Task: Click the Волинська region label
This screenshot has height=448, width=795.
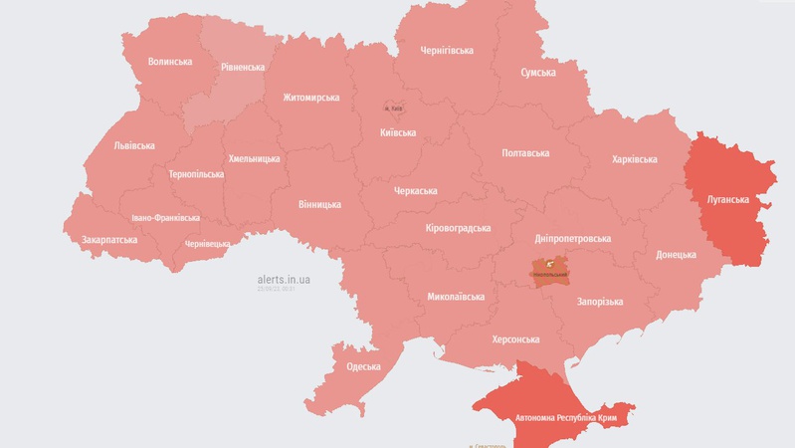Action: pos(169,62)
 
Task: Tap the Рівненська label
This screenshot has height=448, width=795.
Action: pos(243,68)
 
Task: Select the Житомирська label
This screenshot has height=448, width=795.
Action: pos(310,98)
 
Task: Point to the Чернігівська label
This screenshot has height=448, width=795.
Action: pos(447,51)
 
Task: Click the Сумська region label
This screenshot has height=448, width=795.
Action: pos(538,73)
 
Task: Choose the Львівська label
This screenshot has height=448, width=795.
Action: pos(134,145)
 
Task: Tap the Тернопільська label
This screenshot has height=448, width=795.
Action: pos(196,174)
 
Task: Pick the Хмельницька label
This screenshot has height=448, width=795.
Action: pos(254,158)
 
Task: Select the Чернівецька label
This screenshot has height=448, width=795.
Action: pos(207,244)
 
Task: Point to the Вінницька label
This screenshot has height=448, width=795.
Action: pos(319,205)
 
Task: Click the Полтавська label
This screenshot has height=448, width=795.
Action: pos(525,153)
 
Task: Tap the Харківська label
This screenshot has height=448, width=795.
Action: pos(634,159)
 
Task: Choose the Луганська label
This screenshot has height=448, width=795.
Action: pos(727,199)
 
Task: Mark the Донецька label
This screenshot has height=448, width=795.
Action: pos(676,255)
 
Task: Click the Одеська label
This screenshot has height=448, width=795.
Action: pos(363,366)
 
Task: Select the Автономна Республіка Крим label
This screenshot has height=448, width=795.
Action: pos(565,418)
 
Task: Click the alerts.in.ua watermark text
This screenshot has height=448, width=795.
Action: pos(284,280)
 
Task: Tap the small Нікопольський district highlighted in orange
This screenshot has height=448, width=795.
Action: pos(550,270)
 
